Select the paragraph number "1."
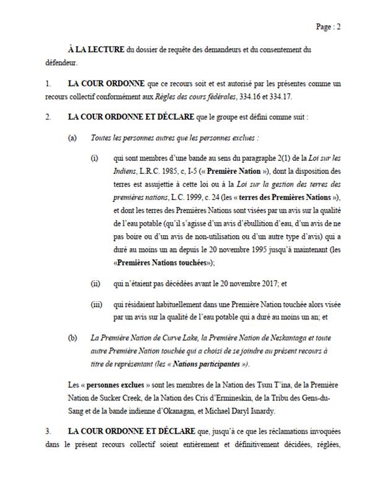[49, 83]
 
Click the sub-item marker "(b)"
[72, 338]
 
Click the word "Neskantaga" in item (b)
[286, 338]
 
